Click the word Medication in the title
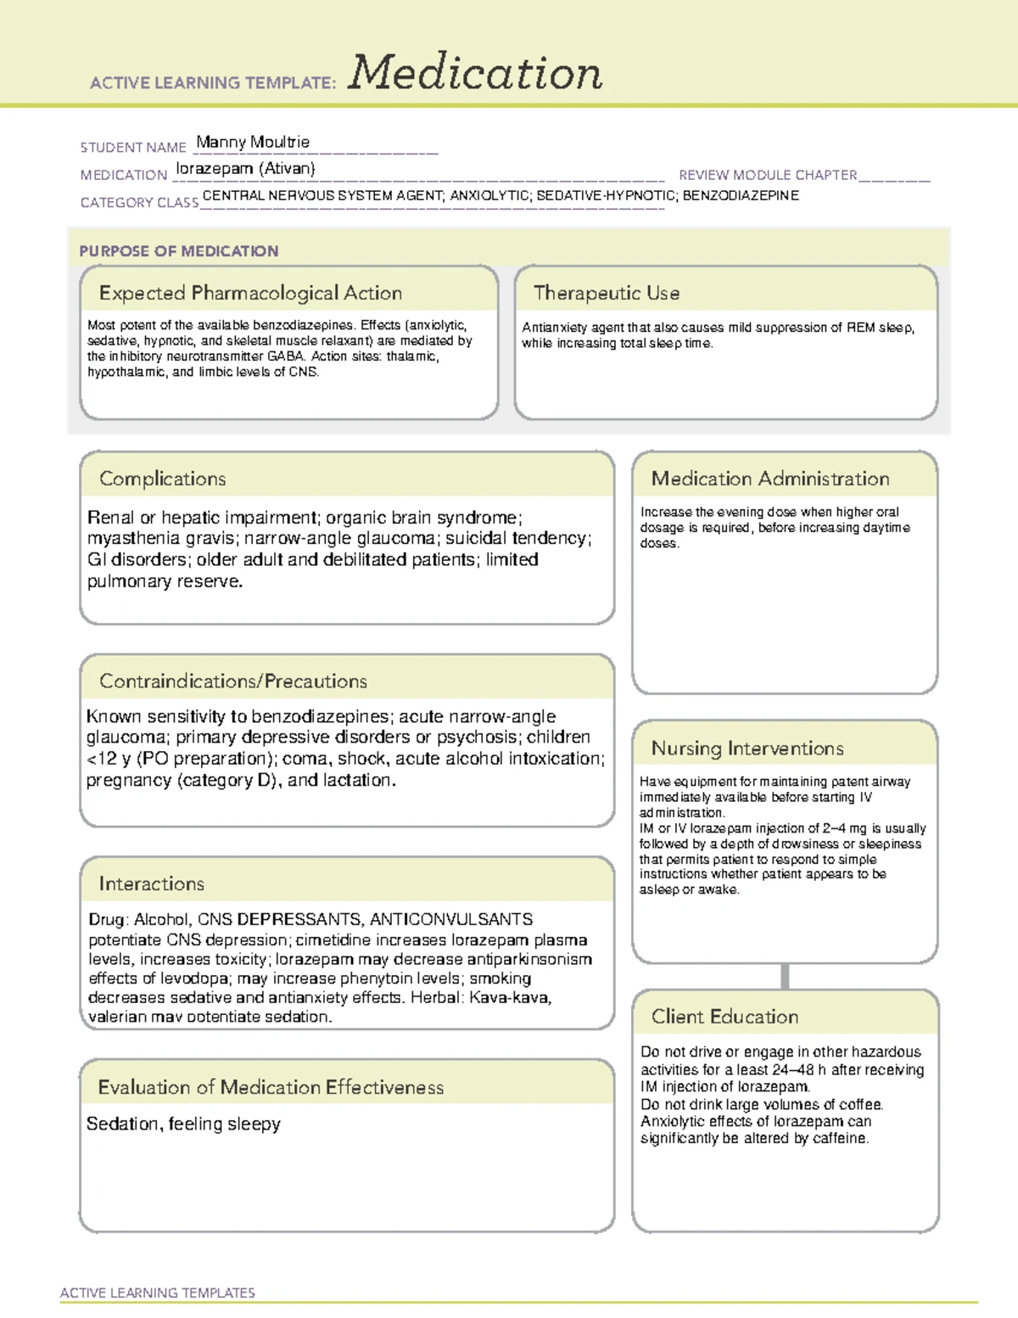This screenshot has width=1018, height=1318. click(x=475, y=73)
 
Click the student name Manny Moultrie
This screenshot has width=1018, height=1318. click(x=253, y=142)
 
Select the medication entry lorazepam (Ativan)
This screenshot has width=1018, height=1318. click(x=245, y=168)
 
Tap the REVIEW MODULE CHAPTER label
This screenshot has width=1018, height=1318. click(x=768, y=175)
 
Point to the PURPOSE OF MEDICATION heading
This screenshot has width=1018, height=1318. click(x=179, y=251)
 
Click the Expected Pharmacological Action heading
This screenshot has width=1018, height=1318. click(x=250, y=293)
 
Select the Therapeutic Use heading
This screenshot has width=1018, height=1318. click(x=607, y=293)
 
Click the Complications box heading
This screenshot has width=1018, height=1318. click(x=163, y=479)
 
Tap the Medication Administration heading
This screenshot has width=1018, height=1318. click(x=770, y=479)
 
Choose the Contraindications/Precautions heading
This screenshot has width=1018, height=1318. click(x=233, y=681)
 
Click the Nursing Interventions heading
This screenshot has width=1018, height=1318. click(x=747, y=748)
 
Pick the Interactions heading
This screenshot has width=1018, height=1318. click(x=152, y=883)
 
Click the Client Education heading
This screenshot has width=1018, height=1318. click(x=724, y=1016)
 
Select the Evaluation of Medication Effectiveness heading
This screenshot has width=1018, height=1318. click(x=271, y=1087)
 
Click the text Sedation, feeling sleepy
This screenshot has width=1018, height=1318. click(x=183, y=1124)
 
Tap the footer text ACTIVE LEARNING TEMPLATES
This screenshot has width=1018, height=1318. click(x=158, y=1293)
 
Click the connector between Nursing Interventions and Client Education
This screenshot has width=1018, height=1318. click(x=785, y=976)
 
